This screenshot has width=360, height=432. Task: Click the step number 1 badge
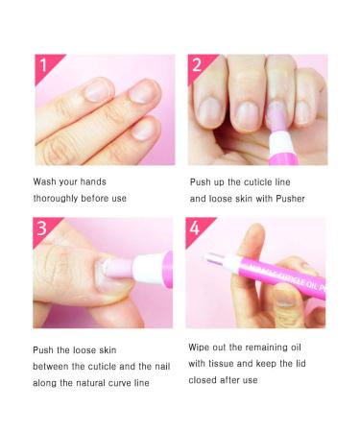45,65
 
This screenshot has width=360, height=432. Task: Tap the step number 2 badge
199,65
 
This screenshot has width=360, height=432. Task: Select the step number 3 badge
43,228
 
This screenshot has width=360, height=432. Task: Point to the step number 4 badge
196,228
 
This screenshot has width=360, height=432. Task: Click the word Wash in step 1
45,181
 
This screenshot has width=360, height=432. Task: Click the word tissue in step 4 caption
221,364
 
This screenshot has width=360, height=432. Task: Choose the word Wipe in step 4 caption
199,348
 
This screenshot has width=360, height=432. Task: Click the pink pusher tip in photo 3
119,268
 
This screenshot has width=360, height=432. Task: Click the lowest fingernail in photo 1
144,129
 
